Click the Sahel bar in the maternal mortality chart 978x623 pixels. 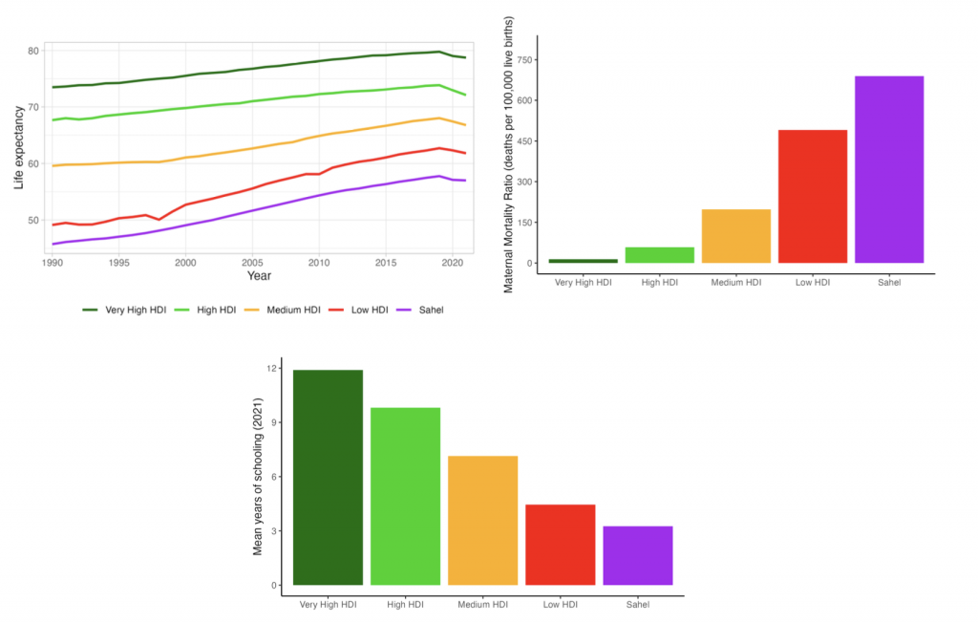coord(889,169)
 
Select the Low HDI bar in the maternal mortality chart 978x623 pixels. coord(813,196)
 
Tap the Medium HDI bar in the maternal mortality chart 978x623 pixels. coord(736,235)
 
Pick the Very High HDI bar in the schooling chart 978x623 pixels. coord(328,477)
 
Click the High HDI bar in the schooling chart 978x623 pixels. coord(405,496)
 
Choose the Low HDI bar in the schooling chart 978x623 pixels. coord(561,545)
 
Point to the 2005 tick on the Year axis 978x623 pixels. coord(252,261)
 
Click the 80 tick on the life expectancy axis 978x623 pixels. coord(33,51)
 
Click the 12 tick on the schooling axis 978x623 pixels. coord(272,369)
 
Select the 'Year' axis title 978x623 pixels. coord(259,276)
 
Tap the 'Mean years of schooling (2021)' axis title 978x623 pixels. coord(257,476)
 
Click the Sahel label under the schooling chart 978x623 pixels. coord(638,604)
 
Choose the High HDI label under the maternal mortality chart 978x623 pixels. coord(660,282)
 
